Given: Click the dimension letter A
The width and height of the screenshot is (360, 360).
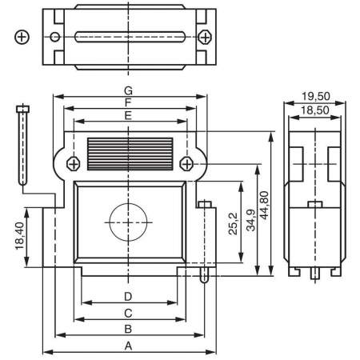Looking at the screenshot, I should pyautogui.click(x=128, y=345).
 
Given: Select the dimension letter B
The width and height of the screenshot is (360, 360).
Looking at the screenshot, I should pyautogui.click(x=128, y=328).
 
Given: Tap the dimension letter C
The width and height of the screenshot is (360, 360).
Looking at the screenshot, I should pyautogui.click(x=128, y=312).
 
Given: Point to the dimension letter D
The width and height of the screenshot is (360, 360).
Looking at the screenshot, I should pyautogui.click(x=128, y=296).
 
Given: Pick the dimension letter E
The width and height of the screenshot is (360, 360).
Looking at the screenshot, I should pyautogui.click(x=128, y=115).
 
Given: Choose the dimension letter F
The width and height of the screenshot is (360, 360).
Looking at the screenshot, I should pyautogui.click(x=128, y=102).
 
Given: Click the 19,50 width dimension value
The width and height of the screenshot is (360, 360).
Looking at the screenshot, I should pyautogui.click(x=316, y=96).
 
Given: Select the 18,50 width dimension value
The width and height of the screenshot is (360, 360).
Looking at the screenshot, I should pyautogui.click(x=316, y=110).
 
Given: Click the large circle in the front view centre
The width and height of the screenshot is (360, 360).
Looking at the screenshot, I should pyautogui.click(x=128, y=222).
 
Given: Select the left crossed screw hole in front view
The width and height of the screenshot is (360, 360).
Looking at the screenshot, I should pyautogui.click(x=73, y=163).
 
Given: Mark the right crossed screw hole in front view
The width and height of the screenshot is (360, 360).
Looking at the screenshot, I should pyautogui.click(x=186, y=163).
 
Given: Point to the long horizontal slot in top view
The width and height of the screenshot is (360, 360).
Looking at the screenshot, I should pyautogui.click(x=129, y=37).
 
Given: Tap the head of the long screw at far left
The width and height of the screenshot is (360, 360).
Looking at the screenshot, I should pyautogui.click(x=22, y=109).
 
